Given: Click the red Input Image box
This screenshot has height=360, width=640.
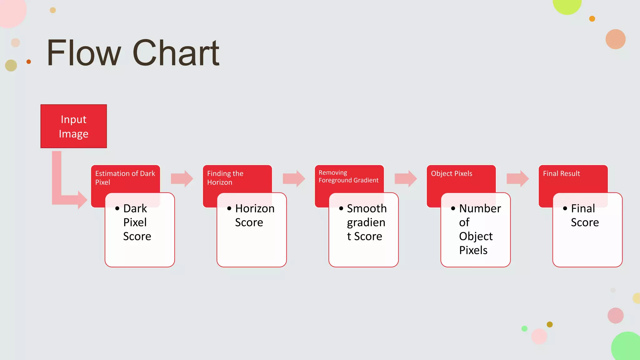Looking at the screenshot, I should click(x=73, y=126).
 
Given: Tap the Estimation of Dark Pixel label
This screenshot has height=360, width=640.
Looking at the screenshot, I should click(x=125, y=177).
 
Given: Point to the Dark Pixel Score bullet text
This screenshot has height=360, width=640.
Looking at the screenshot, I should click(x=137, y=222).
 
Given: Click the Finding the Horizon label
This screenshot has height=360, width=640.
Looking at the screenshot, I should click(x=225, y=177).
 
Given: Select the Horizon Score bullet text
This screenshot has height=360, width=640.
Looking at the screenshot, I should click(x=254, y=215).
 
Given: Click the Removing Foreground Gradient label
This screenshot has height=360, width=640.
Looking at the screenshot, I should click(x=348, y=176).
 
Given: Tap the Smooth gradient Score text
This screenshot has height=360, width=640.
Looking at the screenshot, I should click(x=366, y=222).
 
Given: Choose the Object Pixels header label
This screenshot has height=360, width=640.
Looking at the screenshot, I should click(x=451, y=173).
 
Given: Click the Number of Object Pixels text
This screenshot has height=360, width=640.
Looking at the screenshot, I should click(x=479, y=229).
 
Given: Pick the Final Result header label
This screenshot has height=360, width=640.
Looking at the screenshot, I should click(x=561, y=173).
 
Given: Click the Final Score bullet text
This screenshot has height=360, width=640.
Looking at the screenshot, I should click(x=584, y=215).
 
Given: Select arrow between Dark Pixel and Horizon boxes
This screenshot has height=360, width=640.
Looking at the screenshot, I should click(x=182, y=179).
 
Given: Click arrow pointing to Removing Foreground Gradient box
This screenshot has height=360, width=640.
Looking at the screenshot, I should click(x=294, y=179).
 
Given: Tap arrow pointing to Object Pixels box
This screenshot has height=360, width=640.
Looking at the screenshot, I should click(x=406, y=179).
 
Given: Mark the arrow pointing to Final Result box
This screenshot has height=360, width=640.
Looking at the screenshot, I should click(x=517, y=179).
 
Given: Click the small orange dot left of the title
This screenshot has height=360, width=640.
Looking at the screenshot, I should click(x=29, y=62).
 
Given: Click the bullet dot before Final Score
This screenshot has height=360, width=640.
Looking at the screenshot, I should click(x=565, y=208).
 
